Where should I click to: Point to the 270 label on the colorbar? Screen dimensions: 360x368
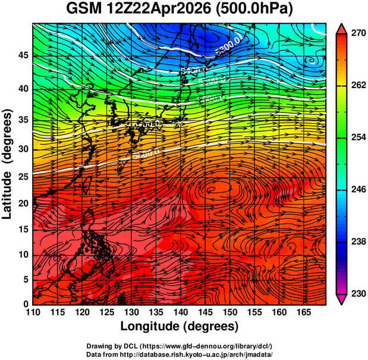(357, 34)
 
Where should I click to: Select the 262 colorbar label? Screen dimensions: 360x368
(357, 86)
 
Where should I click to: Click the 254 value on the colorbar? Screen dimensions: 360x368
(357, 137)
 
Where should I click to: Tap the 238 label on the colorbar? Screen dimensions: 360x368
(357, 242)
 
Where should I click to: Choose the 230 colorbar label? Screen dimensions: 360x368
(357, 293)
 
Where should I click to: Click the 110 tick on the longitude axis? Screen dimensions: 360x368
(33, 312)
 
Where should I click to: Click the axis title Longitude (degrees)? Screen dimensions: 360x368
(180, 326)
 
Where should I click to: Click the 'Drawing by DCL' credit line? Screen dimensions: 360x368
(180, 346)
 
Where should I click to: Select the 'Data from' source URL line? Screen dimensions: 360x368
(180, 354)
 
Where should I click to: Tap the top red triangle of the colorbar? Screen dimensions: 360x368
(342, 28)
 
